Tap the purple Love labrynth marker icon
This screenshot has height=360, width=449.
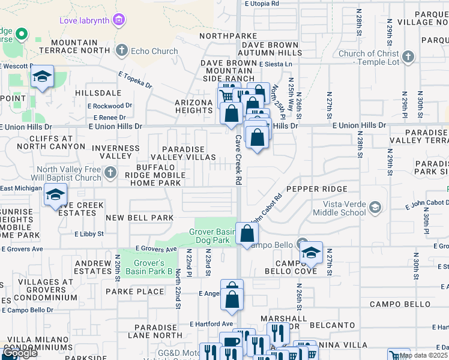click(x=119, y=20)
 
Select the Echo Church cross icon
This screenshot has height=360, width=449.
click(x=122, y=50)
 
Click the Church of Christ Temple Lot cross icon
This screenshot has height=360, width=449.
click(x=408, y=57)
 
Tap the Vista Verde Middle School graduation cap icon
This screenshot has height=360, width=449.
click(x=375, y=208)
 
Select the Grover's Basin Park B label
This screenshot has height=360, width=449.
click(x=145, y=267)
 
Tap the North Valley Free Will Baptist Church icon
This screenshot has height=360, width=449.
click(x=109, y=173)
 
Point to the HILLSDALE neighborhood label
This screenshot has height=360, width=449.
click(x=98, y=94)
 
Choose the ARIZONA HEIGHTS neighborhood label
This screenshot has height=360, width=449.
click(x=194, y=107)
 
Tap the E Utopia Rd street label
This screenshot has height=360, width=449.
click(x=262, y=4)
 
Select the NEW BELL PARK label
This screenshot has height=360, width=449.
click(x=139, y=217)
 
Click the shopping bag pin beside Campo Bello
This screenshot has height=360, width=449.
click(x=247, y=233)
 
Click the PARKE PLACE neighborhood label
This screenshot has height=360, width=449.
click(x=134, y=292)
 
